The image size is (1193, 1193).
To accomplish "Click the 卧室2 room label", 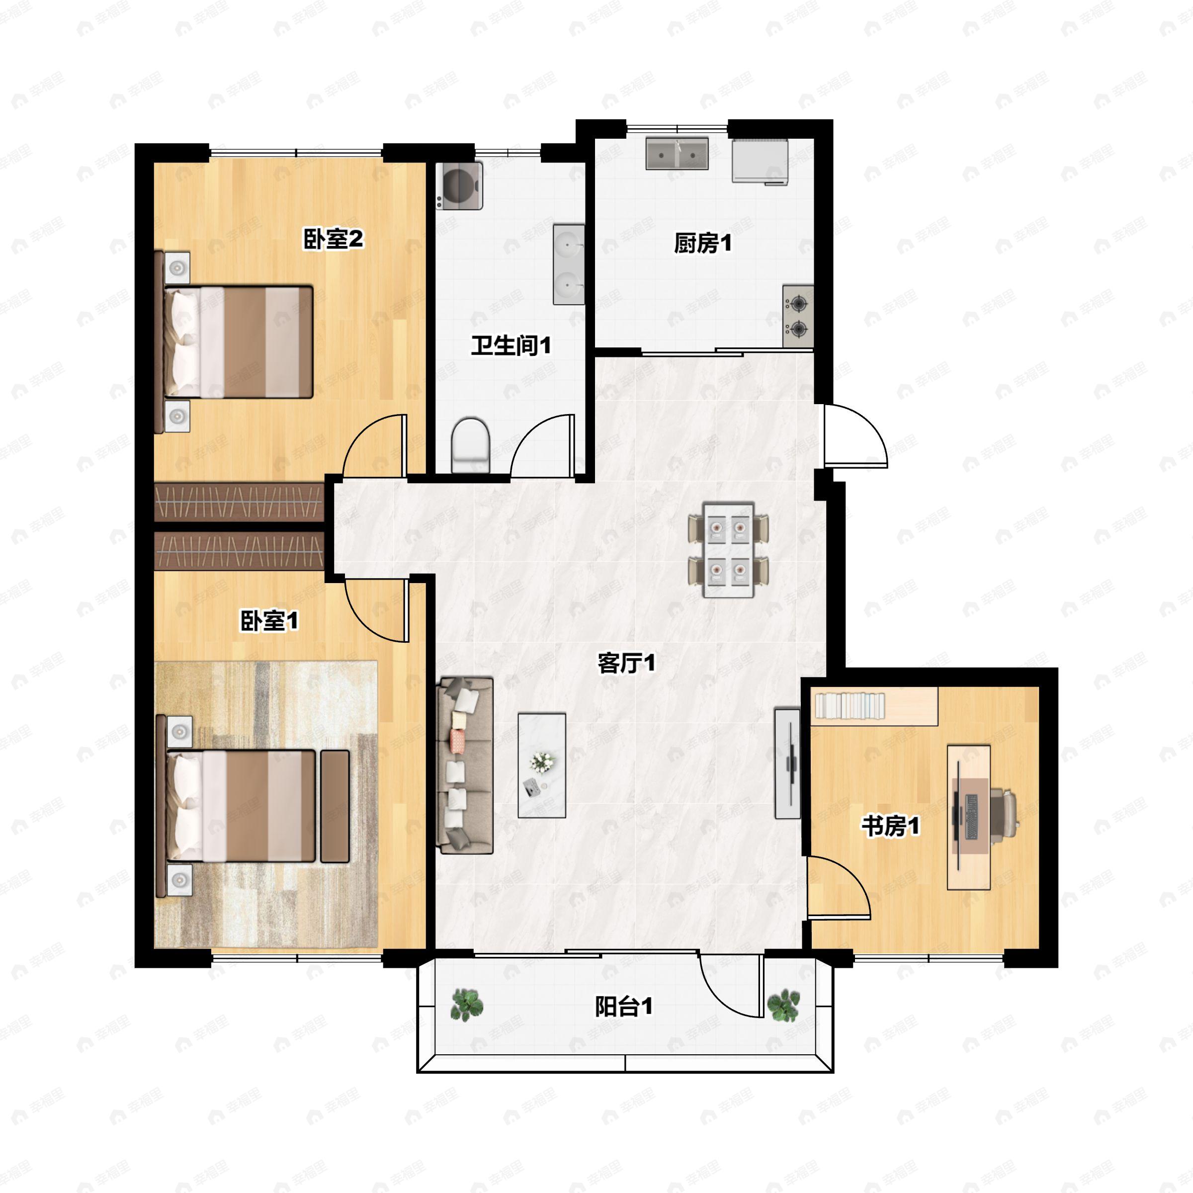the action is [333, 239].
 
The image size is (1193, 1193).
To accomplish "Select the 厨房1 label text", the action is [703, 243].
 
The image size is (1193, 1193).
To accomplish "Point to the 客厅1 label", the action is [626, 663].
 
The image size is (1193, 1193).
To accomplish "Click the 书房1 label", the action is [890, 826].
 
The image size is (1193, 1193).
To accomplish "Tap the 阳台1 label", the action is [624, 1007].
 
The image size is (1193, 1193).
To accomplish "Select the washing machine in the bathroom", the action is [459, 185].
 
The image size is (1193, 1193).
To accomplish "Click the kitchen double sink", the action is [677, 154].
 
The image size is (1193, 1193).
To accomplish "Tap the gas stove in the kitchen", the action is [798, 316].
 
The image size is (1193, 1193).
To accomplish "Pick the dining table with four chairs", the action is [729, 550].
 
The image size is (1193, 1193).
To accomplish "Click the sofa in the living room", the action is [465, 766].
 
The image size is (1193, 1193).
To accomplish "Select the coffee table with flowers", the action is [541, 766].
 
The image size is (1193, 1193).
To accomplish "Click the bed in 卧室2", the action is [238, 341].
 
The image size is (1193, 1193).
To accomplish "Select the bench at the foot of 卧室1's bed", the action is [335, 806].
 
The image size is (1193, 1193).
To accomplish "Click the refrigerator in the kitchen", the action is [760, 161].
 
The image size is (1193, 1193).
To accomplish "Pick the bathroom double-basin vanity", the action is [568, 264].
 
